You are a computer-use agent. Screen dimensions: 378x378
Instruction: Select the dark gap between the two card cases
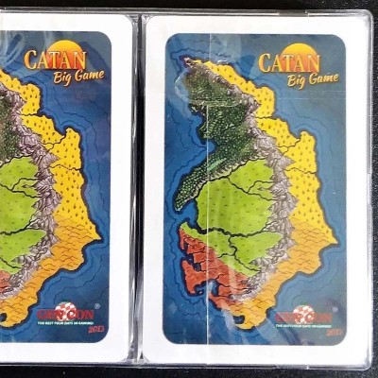pyautogui.click(x=137, y=189)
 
